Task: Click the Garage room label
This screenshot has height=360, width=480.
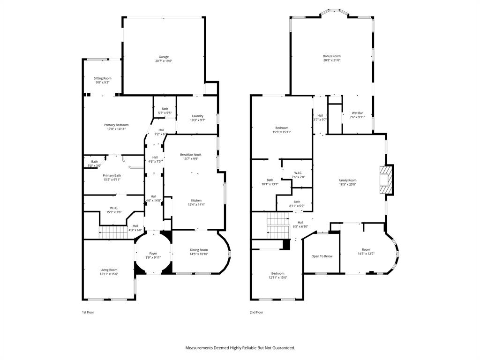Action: pos(164,57)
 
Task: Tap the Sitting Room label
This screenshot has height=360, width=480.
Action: pos(102,78)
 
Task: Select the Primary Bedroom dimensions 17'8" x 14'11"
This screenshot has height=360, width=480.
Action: pos(116,129)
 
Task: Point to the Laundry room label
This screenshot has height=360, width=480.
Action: pos(197,116)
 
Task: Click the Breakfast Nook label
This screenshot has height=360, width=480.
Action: pos(191,154)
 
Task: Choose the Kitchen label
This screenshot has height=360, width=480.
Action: pos(196,200)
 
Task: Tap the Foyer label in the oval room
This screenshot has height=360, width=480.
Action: pos(153,253)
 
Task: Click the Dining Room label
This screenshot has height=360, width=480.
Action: pos(199,250)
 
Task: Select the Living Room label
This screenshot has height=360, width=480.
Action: pos(109,270)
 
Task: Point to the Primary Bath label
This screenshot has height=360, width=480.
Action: pos(112,175)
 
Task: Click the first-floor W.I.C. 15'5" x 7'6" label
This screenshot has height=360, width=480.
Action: pos(114,210)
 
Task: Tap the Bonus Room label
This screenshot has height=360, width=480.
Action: pos(331,56)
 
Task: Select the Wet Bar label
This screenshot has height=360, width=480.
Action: pos(357,113)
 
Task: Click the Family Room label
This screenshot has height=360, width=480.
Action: pos(347,180)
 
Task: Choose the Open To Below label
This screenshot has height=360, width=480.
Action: pos(322,256)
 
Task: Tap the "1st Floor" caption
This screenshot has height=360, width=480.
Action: pos(88,312)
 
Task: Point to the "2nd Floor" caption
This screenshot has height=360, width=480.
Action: pos(256,312)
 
